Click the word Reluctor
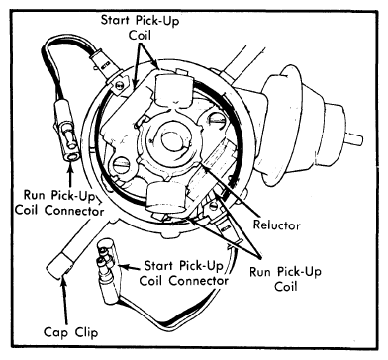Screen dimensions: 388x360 tap(276, 225)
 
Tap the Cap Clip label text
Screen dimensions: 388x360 tap(70, 331)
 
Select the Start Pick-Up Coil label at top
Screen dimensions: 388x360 tap(140, 28)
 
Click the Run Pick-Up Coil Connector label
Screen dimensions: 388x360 tap(59, 202)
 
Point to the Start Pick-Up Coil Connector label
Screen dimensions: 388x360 tap(183, 273)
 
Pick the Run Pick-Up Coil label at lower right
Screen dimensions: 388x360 tap(285, 279)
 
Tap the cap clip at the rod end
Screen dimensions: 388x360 tap(60, 266)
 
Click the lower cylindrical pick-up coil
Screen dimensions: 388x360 tap(166, 197)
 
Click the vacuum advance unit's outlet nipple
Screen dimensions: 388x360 tap(354, 139)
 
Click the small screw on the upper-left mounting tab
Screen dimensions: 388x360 tap(120, 85)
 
